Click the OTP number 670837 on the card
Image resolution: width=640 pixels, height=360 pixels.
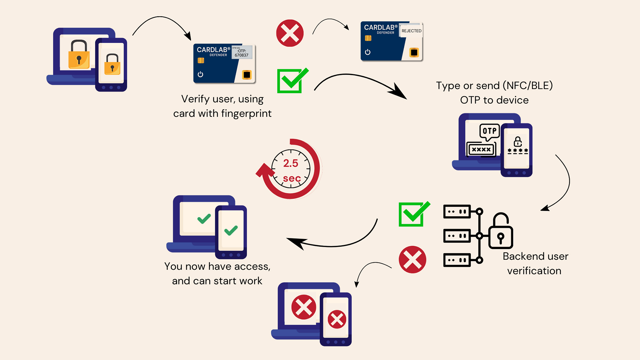pyautogui.click(x=241, y=55)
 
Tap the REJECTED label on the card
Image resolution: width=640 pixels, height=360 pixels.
pyautogui.click(x=411, y=31)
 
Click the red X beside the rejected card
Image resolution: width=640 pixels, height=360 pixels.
pyautogui.click(x=290, y=33)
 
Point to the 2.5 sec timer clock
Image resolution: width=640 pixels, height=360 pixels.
pyautogui.click(x=291, y=169)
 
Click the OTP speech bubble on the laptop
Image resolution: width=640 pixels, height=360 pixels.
pyautogui.click(x=489, y=131)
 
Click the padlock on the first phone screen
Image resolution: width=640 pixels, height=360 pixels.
pyautogui.click(x=112, y=65)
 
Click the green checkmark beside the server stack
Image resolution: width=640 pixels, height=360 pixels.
pyautogui.click(x=413, y=214)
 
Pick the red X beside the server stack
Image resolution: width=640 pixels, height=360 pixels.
pyautogui.click(x=412, y=260)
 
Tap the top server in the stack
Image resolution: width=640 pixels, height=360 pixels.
pyautogui.click(x=457, y=212)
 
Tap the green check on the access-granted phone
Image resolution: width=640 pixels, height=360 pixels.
pyautogui.click(x=231, y=230)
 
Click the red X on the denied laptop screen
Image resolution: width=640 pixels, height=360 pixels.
pyautogui.click(x=304, y=307)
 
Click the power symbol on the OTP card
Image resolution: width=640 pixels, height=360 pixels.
pyautogui.click(x=200, y=74)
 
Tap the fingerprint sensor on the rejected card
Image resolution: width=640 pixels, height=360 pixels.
pyautogui.click(x=414, y=53)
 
